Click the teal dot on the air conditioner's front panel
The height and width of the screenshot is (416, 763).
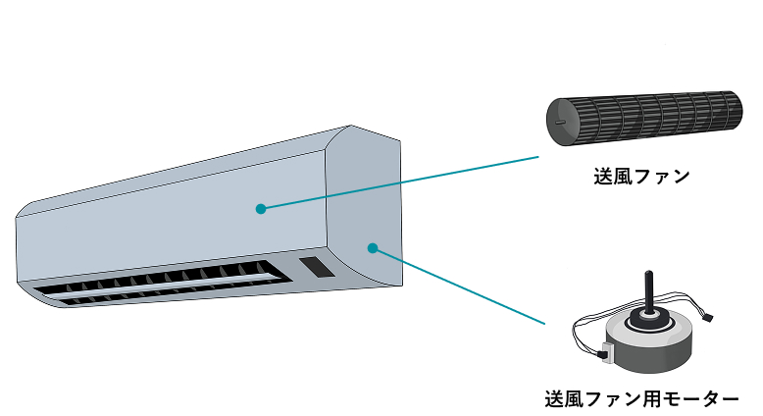(x=260, y=208)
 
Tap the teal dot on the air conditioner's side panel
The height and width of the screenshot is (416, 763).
(x=373, y=247)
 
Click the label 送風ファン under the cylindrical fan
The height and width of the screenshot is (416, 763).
(x=640, y=178)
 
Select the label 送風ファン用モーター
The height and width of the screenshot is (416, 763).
(x=640, y=399)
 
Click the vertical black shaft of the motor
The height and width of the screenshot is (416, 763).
(x=647, y=290)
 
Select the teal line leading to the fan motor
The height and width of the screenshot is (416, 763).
(x=461, y=286)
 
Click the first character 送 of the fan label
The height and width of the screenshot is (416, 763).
(x=603, y=178)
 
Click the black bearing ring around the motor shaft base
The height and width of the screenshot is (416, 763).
(x=648, y=316)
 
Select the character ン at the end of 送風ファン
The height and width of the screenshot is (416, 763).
(x=679, y=178)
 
